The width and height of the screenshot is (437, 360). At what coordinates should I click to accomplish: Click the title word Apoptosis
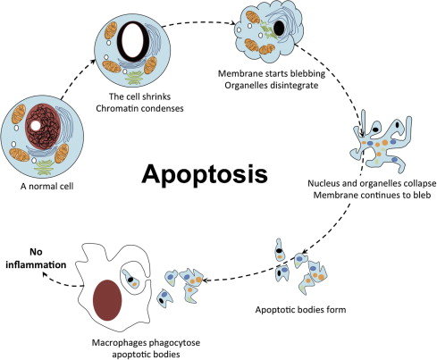(218, 172)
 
